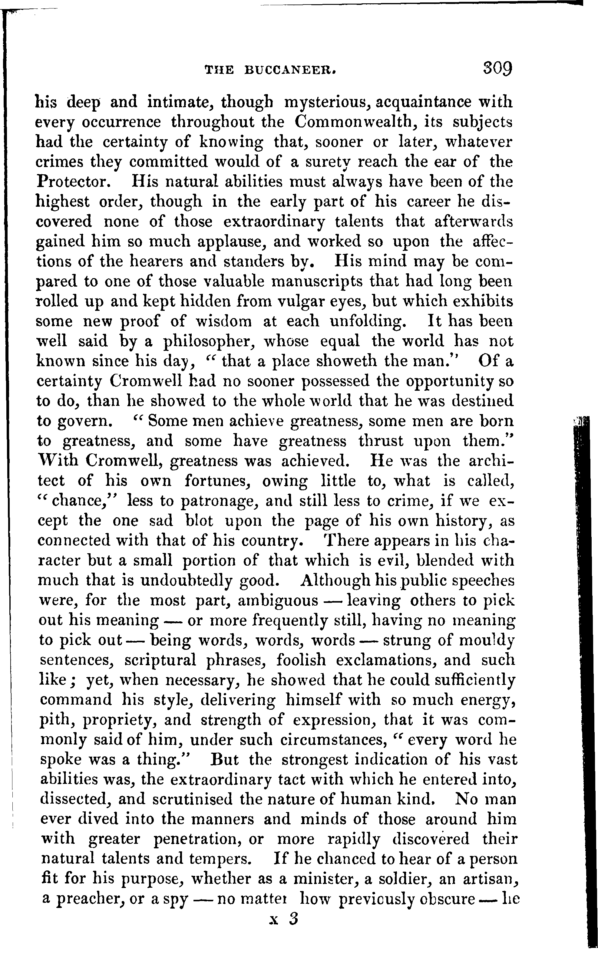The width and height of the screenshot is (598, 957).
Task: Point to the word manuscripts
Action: point(317,281)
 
